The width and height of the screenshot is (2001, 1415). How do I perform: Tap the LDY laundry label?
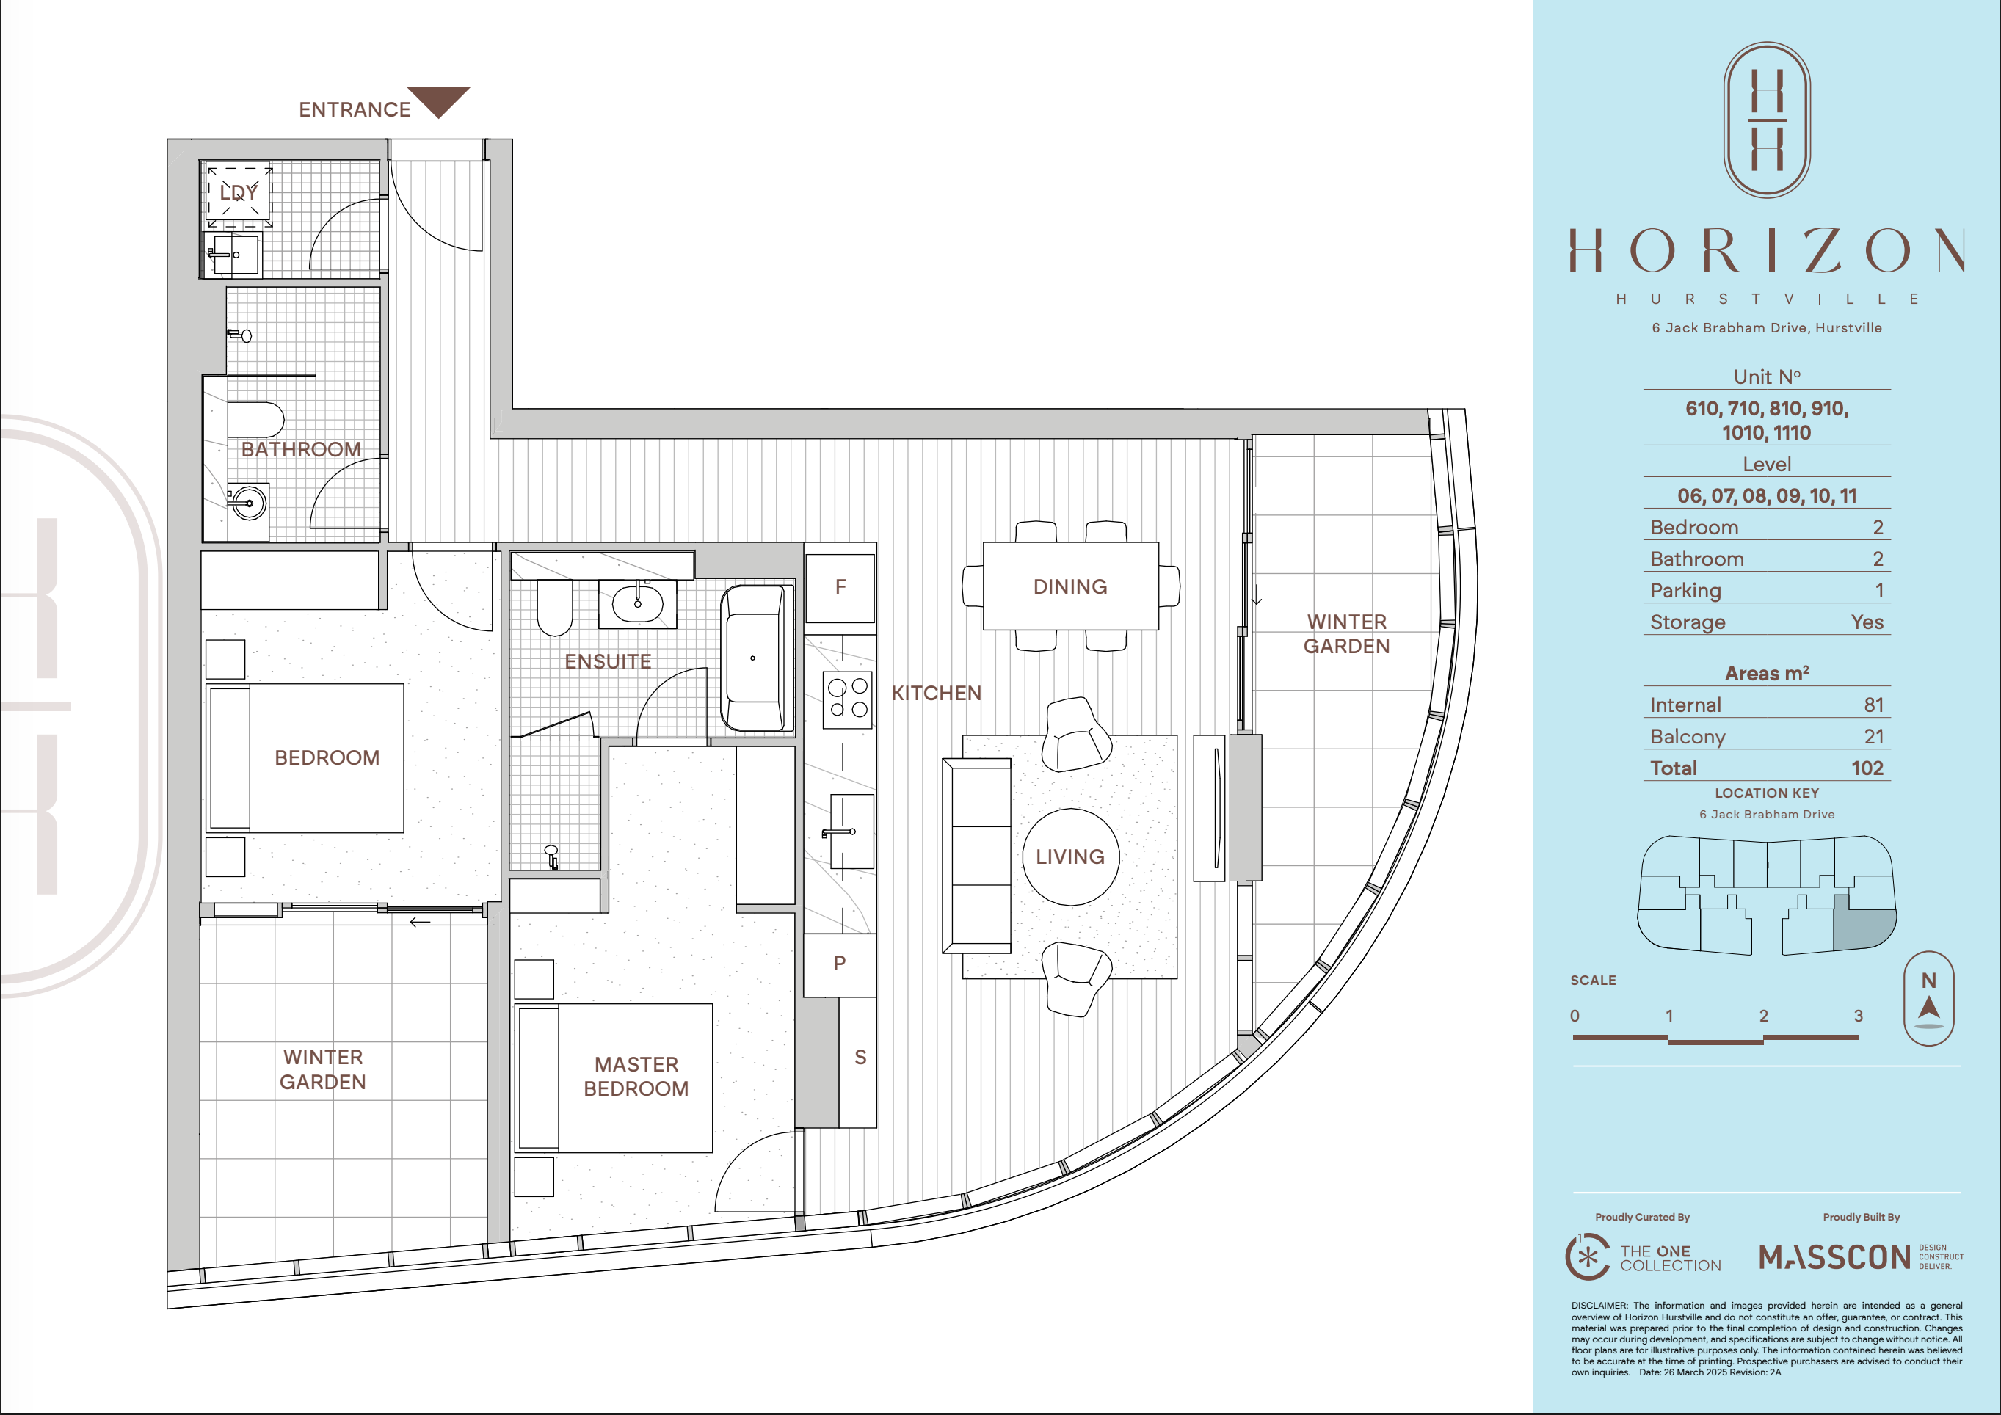238,192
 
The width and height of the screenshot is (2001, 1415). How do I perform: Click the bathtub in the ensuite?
753,658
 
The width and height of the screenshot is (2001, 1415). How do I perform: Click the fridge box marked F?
840,587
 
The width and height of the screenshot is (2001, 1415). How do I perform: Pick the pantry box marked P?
839,964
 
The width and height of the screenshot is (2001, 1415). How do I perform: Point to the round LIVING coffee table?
1070,856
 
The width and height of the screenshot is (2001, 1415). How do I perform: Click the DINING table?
1071,586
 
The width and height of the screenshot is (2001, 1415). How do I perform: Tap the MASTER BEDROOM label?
636,1076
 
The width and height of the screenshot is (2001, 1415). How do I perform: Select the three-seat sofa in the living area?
977,856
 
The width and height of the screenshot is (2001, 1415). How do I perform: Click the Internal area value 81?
1874,705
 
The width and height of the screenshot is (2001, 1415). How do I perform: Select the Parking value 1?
1880,591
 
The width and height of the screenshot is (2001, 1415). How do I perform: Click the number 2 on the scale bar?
1764,1016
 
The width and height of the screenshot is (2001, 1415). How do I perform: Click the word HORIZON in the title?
1767,251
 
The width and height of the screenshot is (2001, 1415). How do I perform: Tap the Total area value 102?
1867,768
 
